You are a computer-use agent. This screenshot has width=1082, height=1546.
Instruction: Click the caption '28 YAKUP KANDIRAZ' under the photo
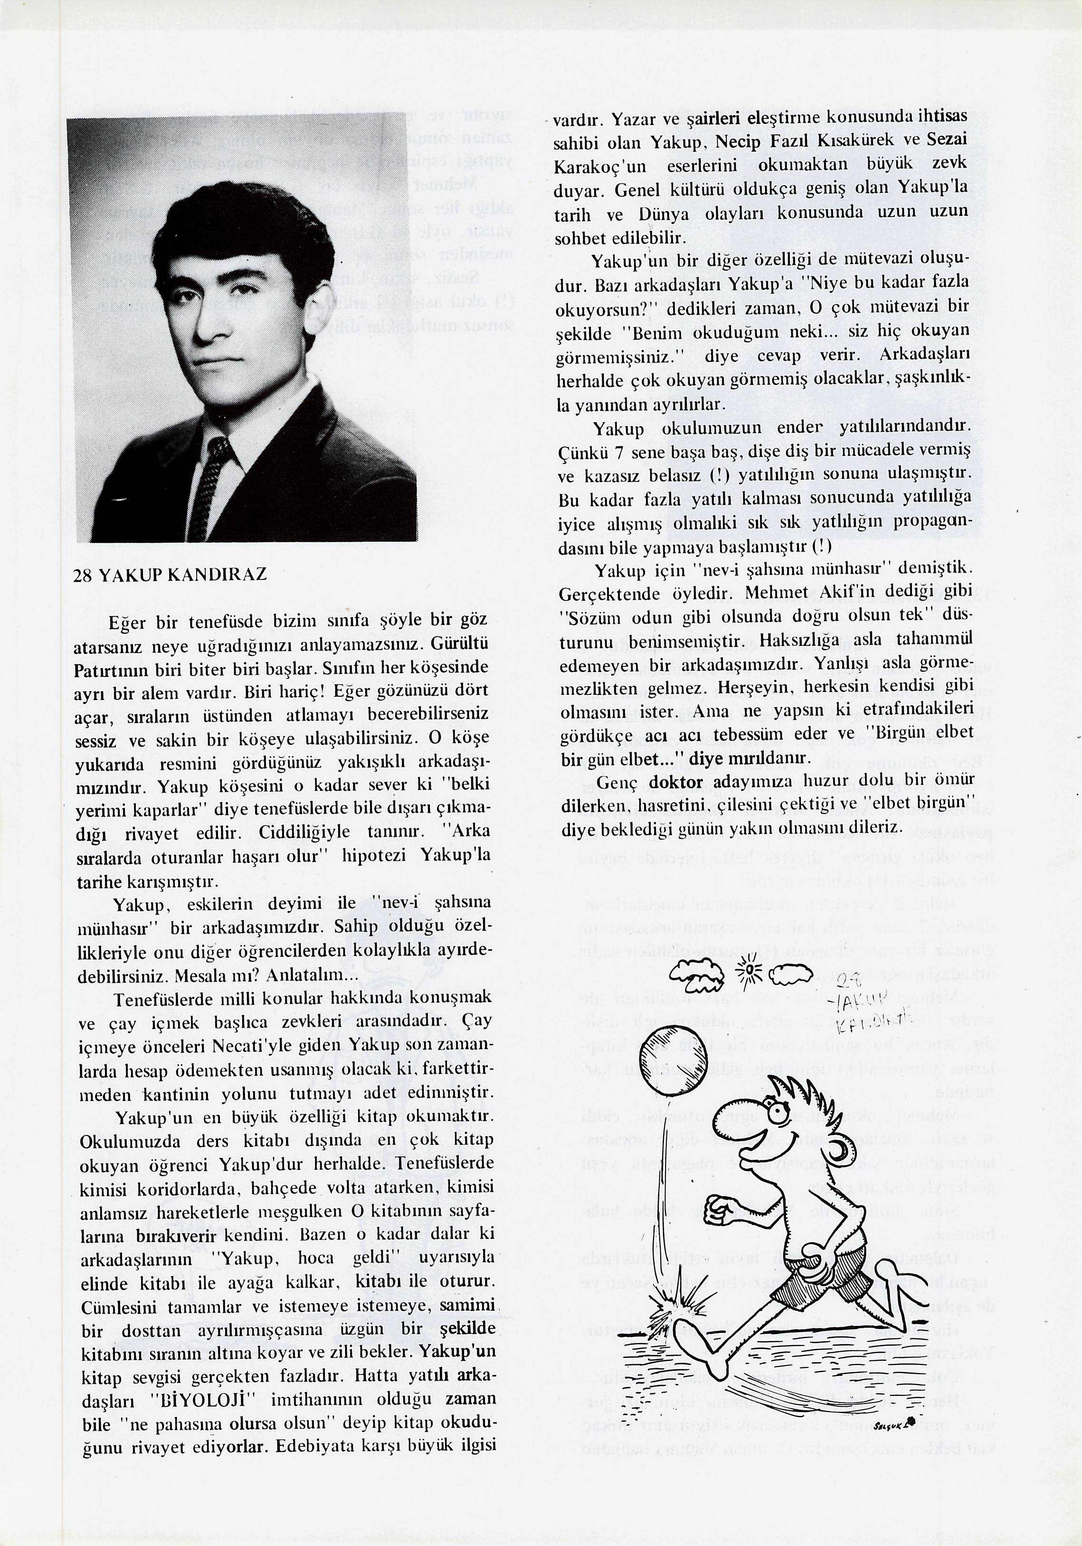point(170,574)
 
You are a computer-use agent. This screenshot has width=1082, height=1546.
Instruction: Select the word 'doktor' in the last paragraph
point(675,782)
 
